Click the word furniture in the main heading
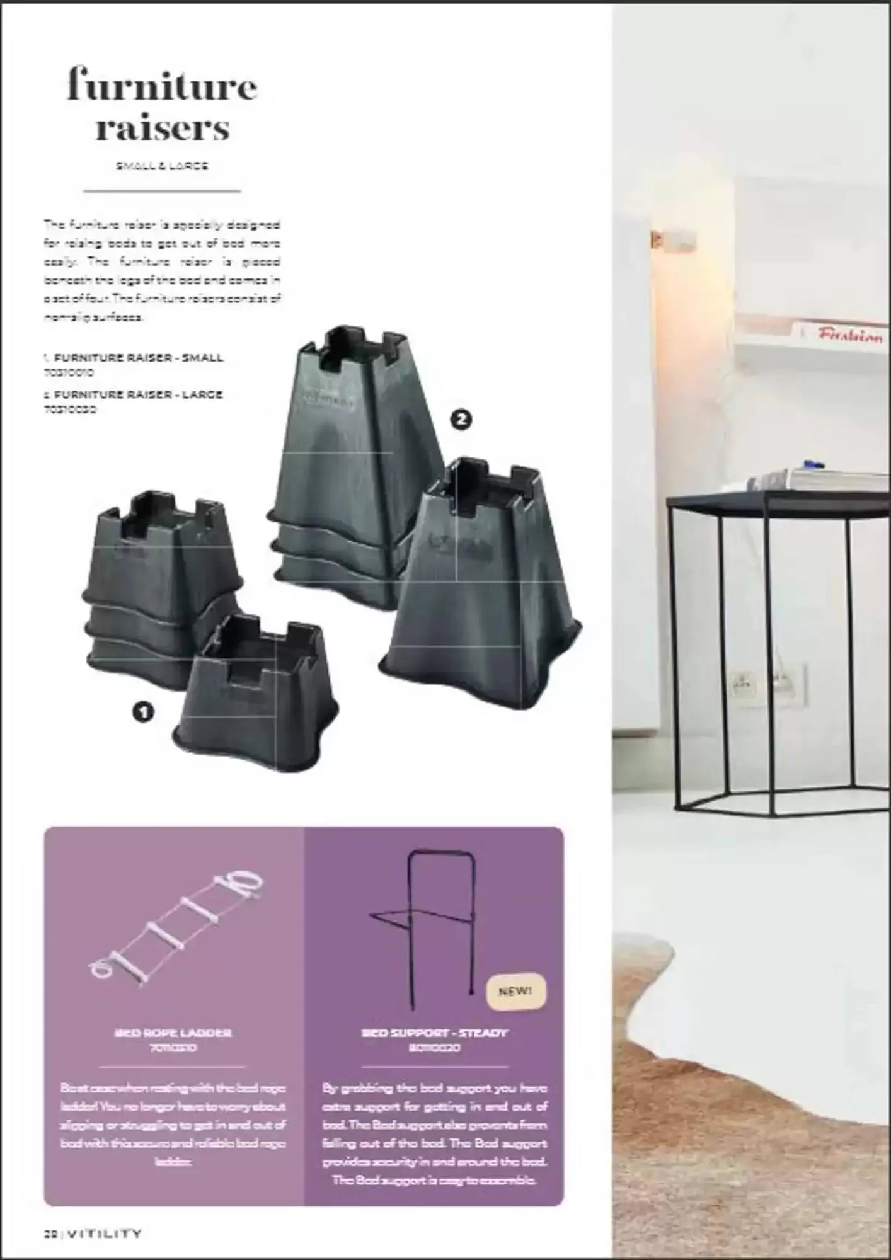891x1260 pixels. [x=162, y=87]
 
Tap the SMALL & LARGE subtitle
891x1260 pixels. [x=162, y=166]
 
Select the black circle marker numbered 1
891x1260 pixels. [x=144, y=712]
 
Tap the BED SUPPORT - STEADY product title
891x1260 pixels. [x=434, y=1033]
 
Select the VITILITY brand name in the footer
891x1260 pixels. [x=104, y=1234]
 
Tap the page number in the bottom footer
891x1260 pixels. [x=50, y=1234]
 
